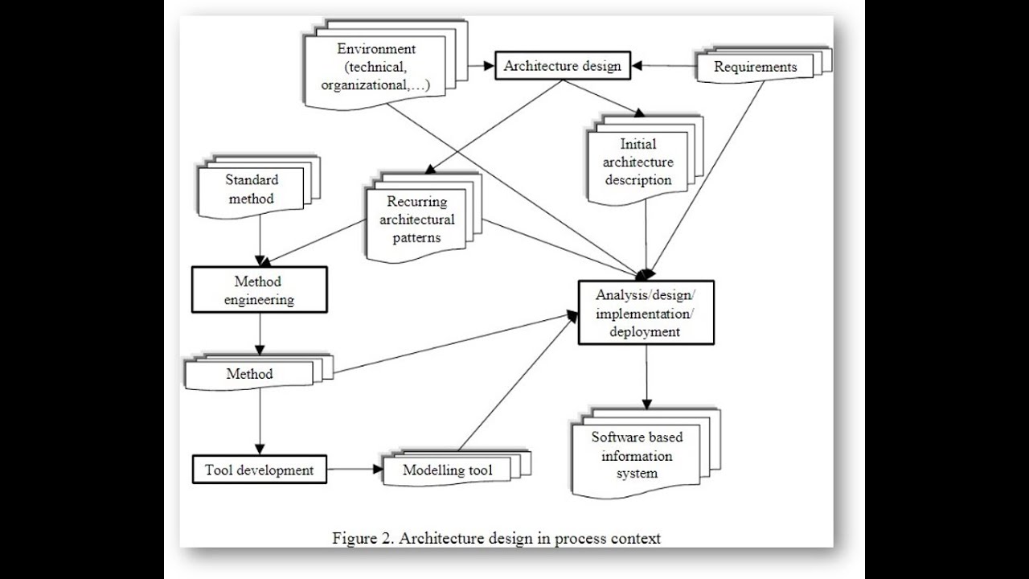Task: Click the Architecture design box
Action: point(562,66)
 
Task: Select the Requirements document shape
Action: point(755,67)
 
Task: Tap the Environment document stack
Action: point(375,68)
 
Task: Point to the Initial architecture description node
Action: point(638,162)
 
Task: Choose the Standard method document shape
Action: point(251,190)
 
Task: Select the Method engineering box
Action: point(259,290)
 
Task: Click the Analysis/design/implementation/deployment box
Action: point(646,312)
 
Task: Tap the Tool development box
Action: point(259,470)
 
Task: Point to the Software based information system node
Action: point(637,456)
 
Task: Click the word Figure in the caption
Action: point(353,538)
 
